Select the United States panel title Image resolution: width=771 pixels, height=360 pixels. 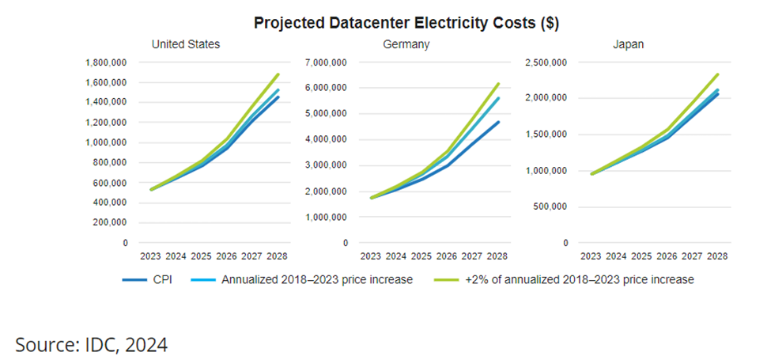186,44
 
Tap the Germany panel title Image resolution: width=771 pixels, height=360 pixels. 406,44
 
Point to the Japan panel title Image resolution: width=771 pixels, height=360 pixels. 628,44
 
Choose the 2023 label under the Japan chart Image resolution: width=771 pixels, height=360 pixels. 591,256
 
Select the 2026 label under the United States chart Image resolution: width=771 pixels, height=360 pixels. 227,256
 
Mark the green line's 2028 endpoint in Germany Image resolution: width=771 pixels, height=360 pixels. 498,83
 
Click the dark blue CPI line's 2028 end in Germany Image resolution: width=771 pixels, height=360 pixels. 498,122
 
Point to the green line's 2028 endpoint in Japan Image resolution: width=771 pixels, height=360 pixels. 717,74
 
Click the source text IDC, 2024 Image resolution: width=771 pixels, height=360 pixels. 91,343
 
